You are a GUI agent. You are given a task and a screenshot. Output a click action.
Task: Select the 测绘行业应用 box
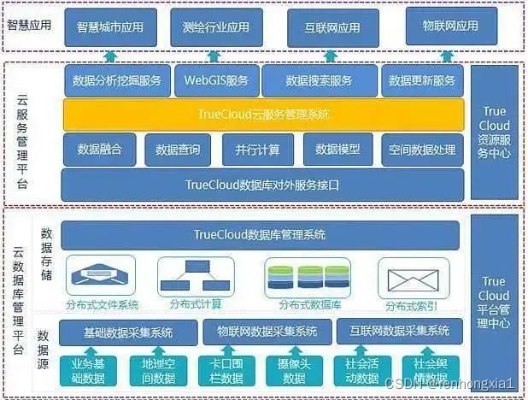[215, 26]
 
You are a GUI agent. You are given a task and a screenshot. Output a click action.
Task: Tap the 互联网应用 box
[332, 26]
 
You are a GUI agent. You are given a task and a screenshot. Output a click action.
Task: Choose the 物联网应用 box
[450, 26]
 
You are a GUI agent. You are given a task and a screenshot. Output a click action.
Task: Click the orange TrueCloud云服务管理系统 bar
[262, 115]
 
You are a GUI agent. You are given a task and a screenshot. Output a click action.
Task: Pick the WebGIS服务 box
[217, 81]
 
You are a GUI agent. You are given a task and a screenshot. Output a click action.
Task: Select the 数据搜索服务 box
[320, 81]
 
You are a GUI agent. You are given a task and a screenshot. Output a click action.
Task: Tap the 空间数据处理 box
[421, 150]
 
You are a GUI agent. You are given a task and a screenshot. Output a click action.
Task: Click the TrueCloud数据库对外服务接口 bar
[262, 184]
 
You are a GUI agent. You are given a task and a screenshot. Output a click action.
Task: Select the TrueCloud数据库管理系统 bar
[260, 234]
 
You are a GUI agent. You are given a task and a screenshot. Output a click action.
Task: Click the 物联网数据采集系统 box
[267, 331]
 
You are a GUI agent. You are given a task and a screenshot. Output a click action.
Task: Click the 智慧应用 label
[29, 24]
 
